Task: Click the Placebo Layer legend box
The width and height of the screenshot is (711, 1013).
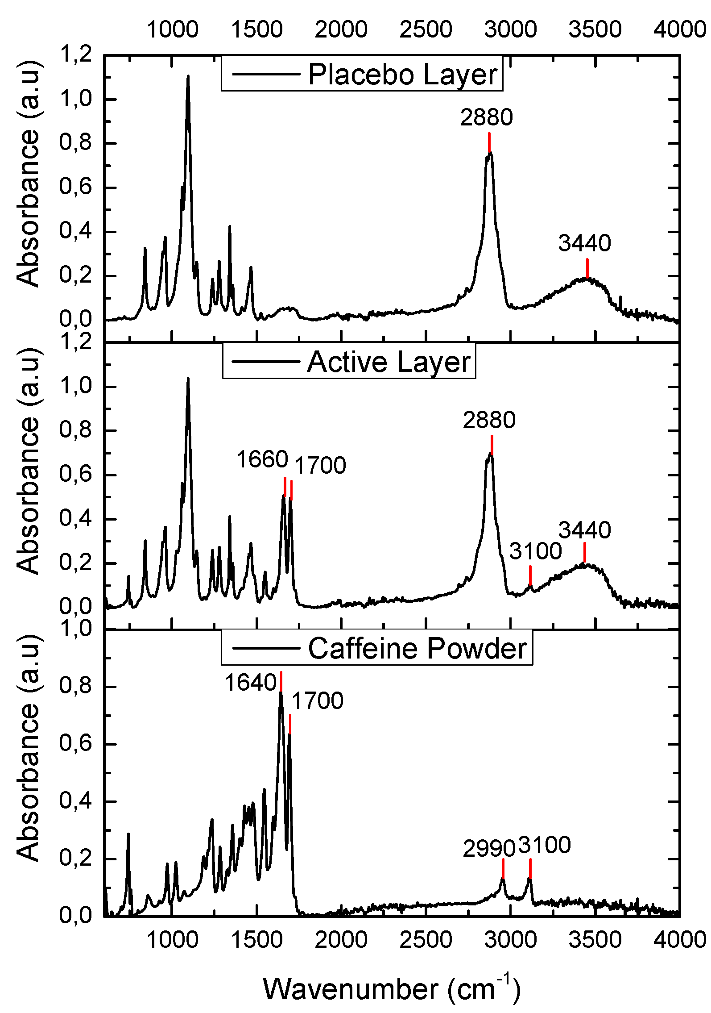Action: click(362, 74)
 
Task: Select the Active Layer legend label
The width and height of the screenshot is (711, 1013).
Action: click(389, 362)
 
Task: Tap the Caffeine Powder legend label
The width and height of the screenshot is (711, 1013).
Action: click(417, 649)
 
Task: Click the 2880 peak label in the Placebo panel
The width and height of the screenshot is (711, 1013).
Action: click(487, 118)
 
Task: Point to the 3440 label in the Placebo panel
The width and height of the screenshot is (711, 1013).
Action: click(584, 244)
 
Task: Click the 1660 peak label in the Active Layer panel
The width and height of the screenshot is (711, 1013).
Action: click(262, 459)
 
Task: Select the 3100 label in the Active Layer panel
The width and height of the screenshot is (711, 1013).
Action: click(535, 551)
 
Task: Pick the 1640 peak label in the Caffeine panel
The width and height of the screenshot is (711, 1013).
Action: click(251, 683)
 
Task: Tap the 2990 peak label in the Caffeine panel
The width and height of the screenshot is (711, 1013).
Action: click(489, 848)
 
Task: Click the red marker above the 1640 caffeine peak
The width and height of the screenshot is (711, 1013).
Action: click(281, 681)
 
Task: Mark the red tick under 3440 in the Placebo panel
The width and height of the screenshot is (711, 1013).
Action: click(587, 268)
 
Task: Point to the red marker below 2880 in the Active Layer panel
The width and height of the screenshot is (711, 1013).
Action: click(492, 445)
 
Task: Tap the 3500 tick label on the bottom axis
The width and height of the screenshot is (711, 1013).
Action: click(595, 940)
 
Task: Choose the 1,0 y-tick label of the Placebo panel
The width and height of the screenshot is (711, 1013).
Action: click(75, 100)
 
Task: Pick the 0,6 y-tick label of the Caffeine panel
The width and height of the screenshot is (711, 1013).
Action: click(75, 744)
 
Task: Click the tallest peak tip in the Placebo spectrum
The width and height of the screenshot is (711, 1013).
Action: click(188, 76)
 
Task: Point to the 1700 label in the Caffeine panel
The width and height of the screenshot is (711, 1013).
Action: click(318, 701)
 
